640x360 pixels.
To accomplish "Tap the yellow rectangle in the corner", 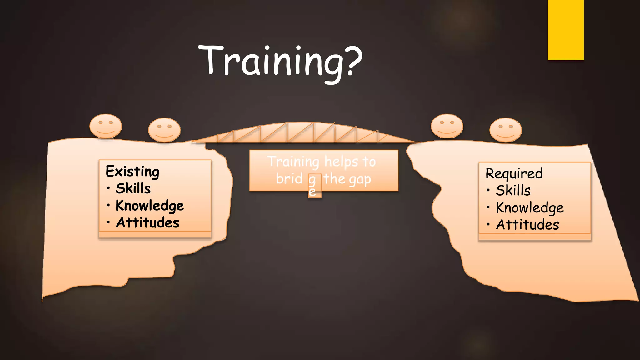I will pos(566,30).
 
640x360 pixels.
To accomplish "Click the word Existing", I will pos(132,172).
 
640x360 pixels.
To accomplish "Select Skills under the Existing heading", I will pos(133,188).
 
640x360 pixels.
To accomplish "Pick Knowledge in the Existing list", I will pos(150,206).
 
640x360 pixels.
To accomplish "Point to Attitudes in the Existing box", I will pos(147,223).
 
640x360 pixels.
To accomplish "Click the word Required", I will pos(514,173).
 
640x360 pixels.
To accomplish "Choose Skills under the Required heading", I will pos(513,190).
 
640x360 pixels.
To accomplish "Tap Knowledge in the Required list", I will pos(530,208).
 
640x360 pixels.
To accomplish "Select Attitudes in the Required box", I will pos(527,225).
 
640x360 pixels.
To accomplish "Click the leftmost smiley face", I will pos(106,126).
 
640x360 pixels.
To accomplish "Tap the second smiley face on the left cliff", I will pos(164,130).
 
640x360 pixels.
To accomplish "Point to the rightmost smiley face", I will pos(505,130).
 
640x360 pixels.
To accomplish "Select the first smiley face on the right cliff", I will pos(447,126).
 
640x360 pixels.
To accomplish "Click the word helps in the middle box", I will pos(341,162).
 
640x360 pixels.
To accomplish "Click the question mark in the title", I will pos(354,61).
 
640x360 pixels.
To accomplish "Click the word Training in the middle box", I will pos(293,162).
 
